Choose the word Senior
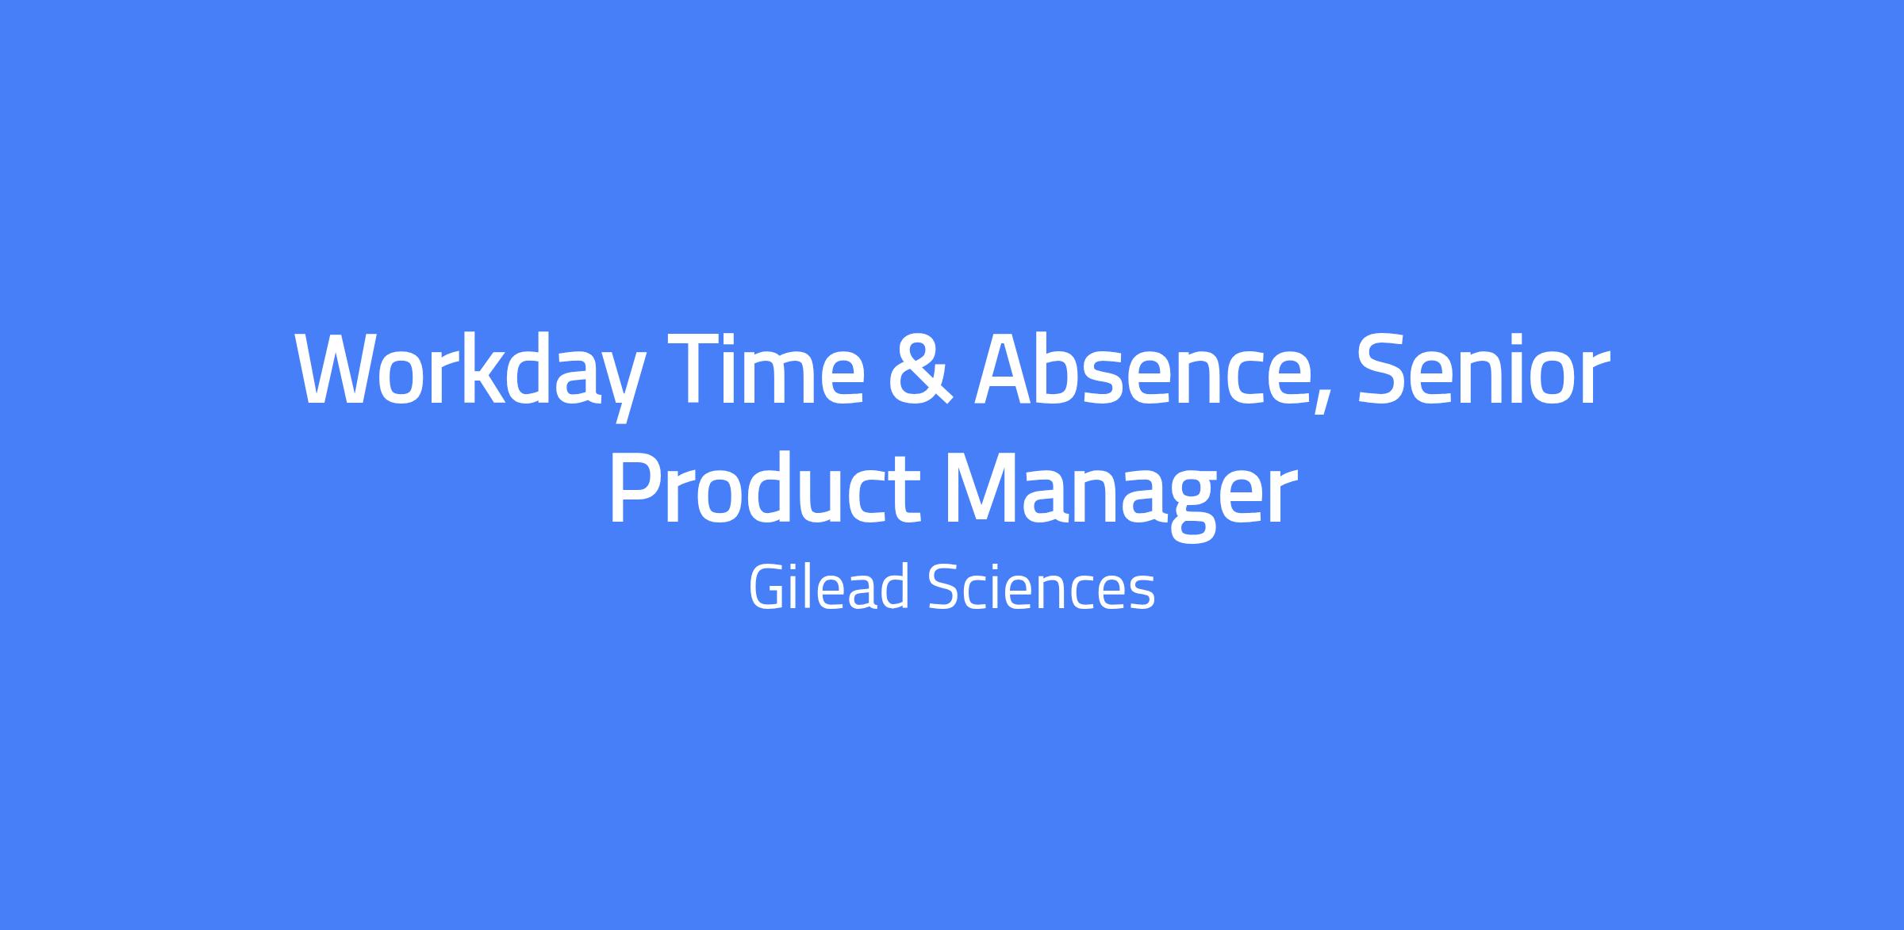(1484, 369)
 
